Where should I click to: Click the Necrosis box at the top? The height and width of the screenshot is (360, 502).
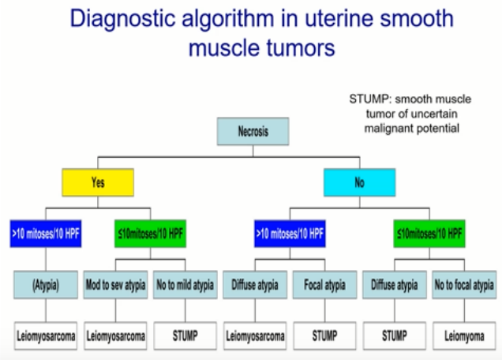pyautogui.click(x=253, y=131)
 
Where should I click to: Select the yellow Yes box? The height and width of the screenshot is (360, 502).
pyautogui.click(x=98, y=182)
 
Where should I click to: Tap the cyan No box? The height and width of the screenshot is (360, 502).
pyautogui.click(x=360, y=182)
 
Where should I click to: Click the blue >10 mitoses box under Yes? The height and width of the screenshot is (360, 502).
pyautogui.click(x=46, y=234)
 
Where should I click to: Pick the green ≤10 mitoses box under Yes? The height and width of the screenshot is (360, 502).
pyautogui.click(x=151, y=234)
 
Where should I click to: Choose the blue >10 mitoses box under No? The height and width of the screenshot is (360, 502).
pyautogui.click(x=290, y=234)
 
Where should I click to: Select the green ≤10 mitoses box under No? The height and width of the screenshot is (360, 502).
pyautogui.click(x=429, y=234)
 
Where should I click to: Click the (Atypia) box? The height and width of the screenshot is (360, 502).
pyautogui.click(x=46, y=285)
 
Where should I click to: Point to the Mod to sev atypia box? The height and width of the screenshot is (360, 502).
pyautogui.click(x=115, y=285)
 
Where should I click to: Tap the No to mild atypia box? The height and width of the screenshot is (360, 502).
pyautogui.click(x=185, y=285)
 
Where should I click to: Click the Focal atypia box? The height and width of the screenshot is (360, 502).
pyautogui.click(x=325, y=285)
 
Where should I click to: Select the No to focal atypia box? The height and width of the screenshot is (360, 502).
pyautogui.click(x=464, y=285)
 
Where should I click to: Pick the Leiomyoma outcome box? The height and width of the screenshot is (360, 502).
pyautogui.click(x=464, y=336)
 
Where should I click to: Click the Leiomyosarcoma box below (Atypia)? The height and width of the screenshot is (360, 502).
pyautogui.click(x=46, y=336)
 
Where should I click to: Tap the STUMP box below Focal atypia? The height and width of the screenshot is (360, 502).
pyautogui.click(x=325, y=336)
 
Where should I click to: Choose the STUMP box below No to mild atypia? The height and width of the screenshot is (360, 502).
pyautogui.click(x=185, y=336)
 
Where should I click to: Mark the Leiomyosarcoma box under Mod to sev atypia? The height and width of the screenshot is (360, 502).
pyautogui.click(x=115, y=336)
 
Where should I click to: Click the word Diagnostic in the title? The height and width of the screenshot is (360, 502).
pyautogui.click(x=122, y=19)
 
